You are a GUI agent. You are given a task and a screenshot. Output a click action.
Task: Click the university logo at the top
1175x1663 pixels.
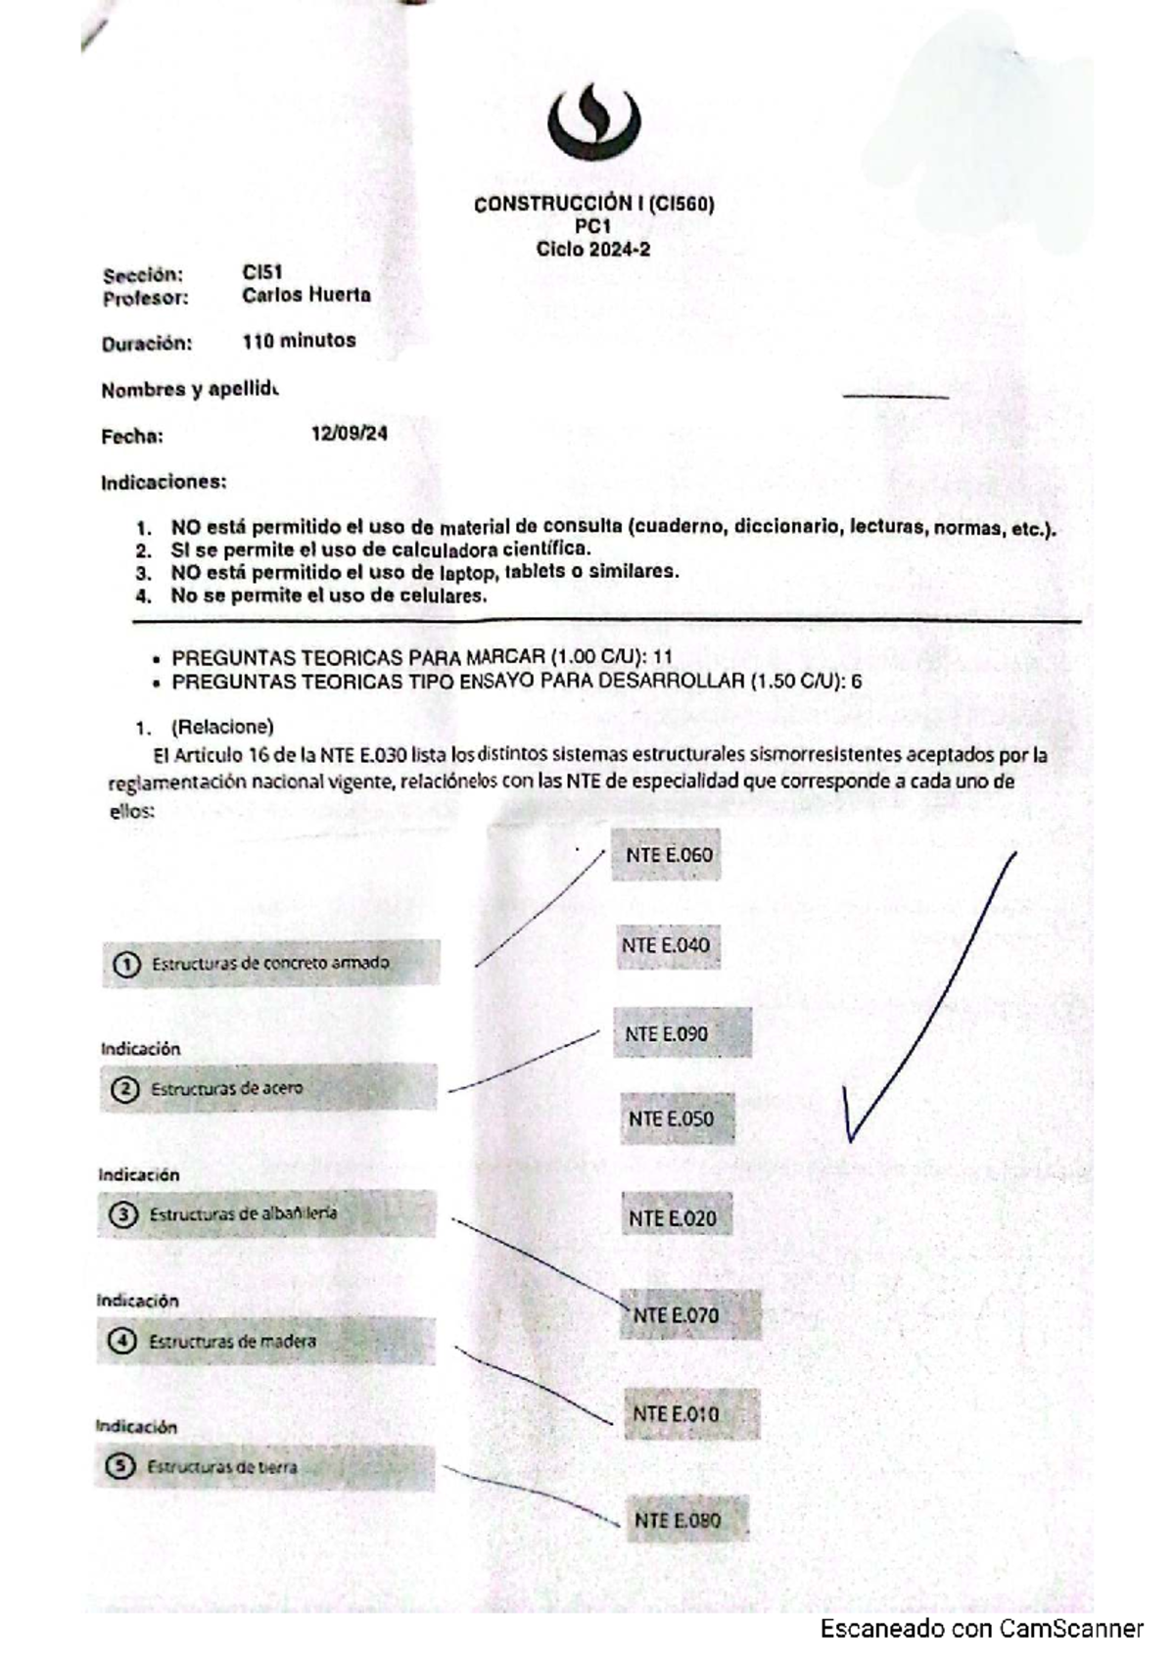[593, 123]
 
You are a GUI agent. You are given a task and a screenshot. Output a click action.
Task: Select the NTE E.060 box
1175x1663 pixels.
[667, 855]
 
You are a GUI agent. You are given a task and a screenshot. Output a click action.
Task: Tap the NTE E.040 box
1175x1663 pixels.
[667, 946]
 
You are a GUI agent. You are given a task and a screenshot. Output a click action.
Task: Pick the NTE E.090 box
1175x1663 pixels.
[681, 1034]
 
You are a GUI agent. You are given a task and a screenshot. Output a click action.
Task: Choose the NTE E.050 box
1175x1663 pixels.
[678, 1119]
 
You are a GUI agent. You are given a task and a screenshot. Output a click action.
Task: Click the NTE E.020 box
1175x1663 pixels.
[677, 1218]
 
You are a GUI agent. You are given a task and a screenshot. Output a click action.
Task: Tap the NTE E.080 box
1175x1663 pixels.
[687, 1520]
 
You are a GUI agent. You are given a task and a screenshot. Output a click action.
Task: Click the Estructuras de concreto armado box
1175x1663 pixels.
[271, 964]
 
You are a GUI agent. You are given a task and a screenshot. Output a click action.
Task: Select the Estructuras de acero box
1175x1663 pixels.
[268, 1088]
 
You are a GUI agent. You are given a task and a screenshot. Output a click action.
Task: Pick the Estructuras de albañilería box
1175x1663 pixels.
[266, 1214]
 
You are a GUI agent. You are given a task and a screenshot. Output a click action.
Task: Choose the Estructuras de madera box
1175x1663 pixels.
[265, 1341]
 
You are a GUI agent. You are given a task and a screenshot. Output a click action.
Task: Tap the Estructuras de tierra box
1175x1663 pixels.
[264, 1467]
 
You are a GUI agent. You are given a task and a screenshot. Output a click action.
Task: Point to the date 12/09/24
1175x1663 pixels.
[349, 434]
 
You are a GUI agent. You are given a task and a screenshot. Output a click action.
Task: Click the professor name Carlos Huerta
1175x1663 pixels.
[306, 295]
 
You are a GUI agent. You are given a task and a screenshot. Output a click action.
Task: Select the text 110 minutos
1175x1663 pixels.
[299, 341]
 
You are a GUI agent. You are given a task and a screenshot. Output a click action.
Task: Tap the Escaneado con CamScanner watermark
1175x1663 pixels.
[981, 1629]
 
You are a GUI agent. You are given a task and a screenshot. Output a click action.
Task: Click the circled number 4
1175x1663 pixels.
[122, 1341]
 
